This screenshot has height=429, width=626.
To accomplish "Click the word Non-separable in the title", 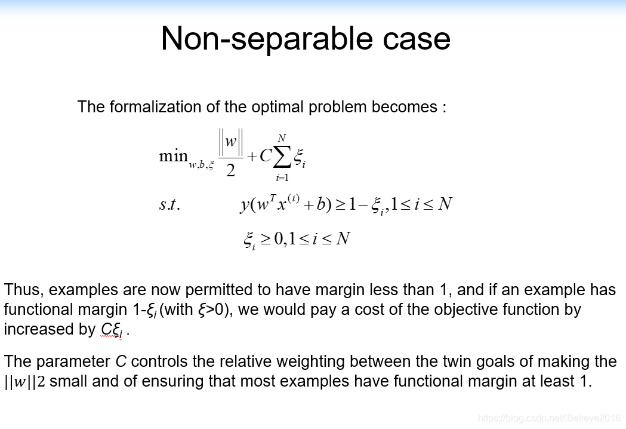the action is click(x=266, y=38).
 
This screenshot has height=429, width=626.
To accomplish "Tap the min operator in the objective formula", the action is click(x=173, y=155).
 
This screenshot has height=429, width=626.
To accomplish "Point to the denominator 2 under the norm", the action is click(x=230, y=171).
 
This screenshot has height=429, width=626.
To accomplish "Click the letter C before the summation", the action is click(x=265, y=155).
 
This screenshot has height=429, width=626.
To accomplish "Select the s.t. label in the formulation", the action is click(x=169, y=204).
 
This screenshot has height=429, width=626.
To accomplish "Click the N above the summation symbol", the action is click(x=282, y=139).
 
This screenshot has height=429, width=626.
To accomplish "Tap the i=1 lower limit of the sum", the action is click(x=282, y=177).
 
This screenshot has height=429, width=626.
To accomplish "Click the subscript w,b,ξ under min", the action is click(x=201, y=165).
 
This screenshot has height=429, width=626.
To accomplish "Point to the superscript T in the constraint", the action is click(x=273, y=198).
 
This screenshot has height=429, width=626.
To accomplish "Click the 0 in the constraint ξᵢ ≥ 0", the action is click(x=279, y=238).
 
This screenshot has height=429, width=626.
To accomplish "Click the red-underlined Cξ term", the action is click(x=112, y=330).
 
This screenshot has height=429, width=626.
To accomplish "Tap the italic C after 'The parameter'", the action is click(x=121, y=361).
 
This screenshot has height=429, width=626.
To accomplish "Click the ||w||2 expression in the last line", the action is click(x=24, y=381).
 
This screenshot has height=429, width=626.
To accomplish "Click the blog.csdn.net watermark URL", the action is click(x=550, y=418).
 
